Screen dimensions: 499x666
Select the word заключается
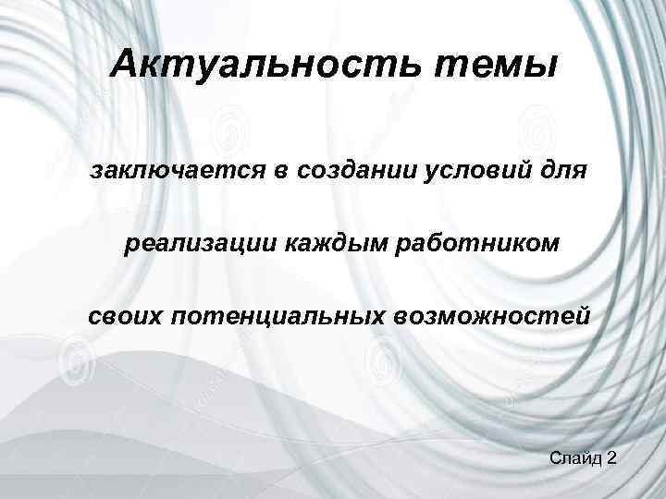click(179, 171)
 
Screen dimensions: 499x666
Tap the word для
click(561, 172)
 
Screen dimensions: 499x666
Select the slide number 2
click(612, 458)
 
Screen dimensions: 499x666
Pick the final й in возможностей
click(580, 316)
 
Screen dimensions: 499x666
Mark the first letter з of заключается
click(97, 173)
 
